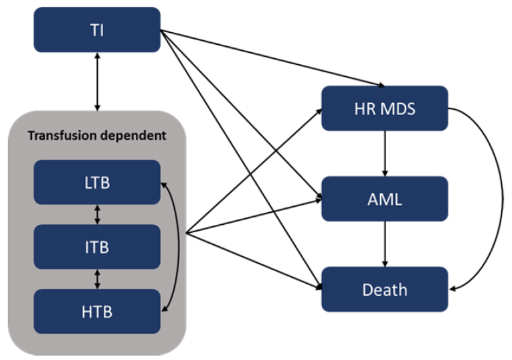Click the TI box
[x=97, y=29]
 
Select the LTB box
[x=97, y=182]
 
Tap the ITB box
[x=97, y=247]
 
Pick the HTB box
[x=97, y=311]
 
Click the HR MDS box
[x=384, y=108]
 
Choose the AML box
[x=384, y=199]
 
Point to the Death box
[x=384, y=289]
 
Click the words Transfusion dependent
[x=97, y=136]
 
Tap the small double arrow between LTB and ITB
[x=98, y=214]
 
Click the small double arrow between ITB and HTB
[x=98, y=279]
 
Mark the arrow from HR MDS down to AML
[x=385, y=153]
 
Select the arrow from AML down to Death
[x=385, y=244]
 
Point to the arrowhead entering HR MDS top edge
[x=381, y=85]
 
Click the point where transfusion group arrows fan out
[x=186, y=234]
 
